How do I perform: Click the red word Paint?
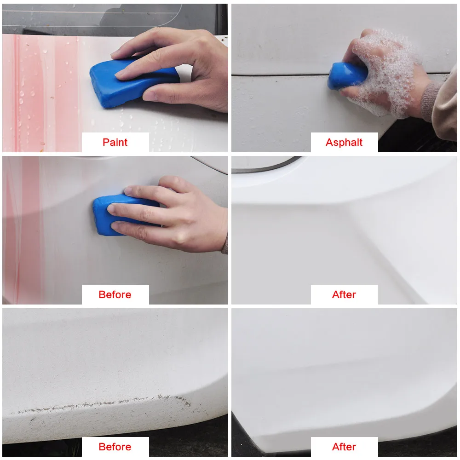(x=115, y=142)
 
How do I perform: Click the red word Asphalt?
(x=344, y=142)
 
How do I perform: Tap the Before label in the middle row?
(x=115, y=294)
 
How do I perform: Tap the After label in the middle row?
(x=344, y=294)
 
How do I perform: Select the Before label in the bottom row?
(x=115, y=447)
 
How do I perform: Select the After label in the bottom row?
(x=344, y=447)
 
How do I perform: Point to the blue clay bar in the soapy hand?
(x=346, y=76)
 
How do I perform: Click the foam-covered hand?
(x=384, y=73)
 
